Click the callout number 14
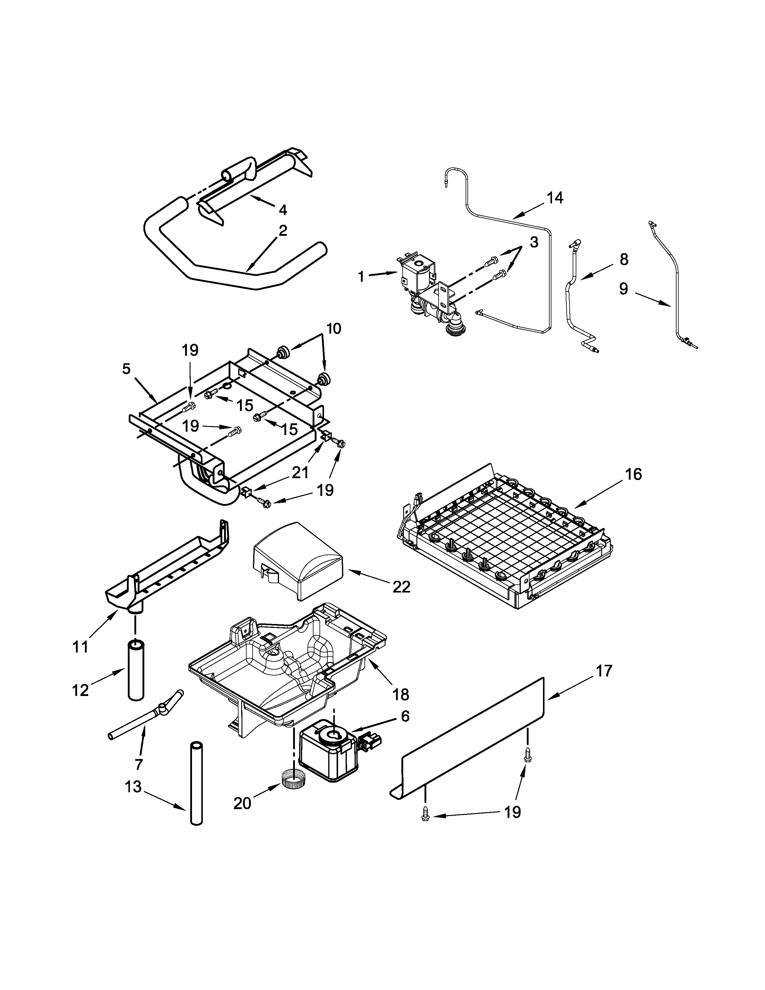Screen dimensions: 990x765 (554, 198)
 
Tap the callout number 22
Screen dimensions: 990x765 (401, 587)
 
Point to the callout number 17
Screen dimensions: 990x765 (604, 670)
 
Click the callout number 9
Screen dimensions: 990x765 (624, 289)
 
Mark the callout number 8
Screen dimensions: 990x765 (624, 260)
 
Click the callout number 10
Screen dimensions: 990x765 (334, 328)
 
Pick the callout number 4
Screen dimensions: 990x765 (283, 210)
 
